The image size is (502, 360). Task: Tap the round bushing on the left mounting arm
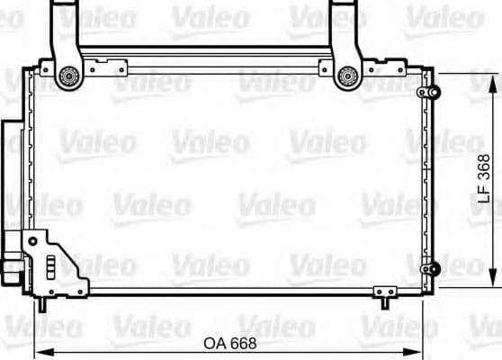(65, 77)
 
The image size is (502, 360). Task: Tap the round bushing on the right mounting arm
(345, 77)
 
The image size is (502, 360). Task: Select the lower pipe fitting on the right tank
(431, 268)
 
